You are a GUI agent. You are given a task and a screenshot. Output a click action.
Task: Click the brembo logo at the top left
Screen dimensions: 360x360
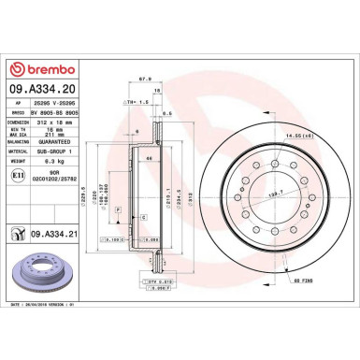pos(35,70)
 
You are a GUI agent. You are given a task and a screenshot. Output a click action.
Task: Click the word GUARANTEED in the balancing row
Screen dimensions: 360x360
pos(53,140)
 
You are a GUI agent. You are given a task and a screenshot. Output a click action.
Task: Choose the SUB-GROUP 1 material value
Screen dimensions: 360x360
pos(53,151)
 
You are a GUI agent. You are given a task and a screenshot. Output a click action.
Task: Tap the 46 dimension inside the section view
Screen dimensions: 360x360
pos(151,159)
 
